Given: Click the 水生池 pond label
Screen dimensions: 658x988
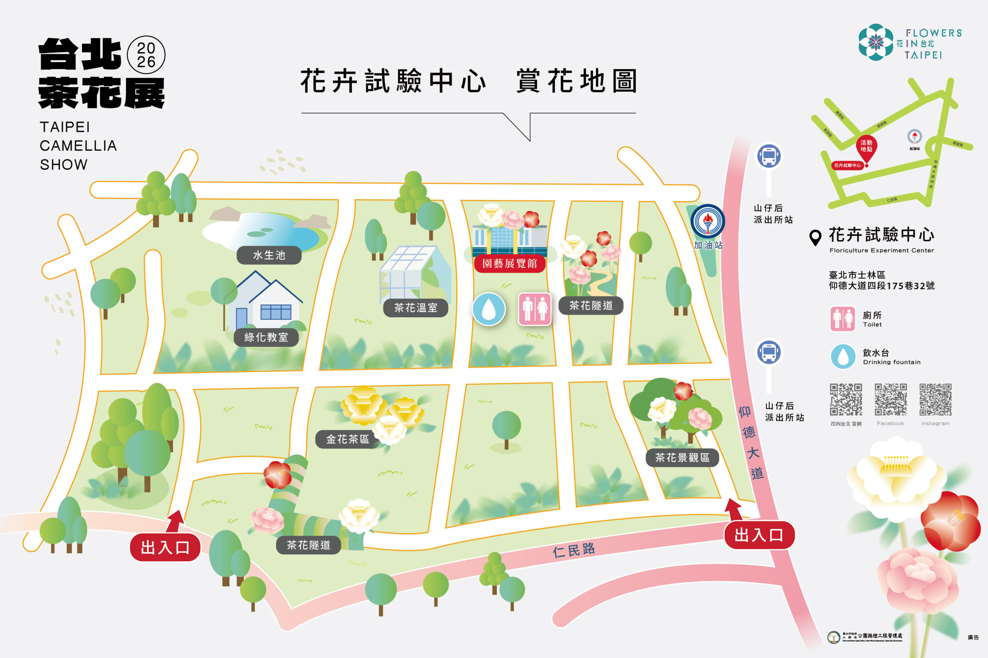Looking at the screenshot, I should pos(269,255).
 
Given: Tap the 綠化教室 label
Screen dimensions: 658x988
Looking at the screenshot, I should pos(266,337).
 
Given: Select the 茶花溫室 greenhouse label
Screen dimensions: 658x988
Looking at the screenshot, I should pos(415,308).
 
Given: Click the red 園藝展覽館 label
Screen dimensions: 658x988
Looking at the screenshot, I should pos(509,264).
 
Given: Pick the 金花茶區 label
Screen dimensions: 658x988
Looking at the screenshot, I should pos(347,439).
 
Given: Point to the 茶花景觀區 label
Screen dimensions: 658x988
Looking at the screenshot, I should pos(682,458).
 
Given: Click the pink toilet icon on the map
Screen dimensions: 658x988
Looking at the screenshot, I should pos(534,309).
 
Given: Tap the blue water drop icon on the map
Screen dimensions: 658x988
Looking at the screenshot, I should pos(489,309).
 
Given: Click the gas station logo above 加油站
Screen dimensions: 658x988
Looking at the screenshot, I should pos(708,221).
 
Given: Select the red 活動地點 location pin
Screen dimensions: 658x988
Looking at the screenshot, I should pos(866,147).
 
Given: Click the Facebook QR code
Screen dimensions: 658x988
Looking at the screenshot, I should pos(890,399).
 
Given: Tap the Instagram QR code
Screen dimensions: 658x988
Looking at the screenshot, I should pos(935,399).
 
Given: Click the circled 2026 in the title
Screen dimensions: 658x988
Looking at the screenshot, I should pos(146,55).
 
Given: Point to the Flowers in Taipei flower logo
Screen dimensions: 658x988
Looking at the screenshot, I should pos(876,42).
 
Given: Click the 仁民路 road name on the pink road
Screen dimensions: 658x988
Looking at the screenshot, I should pos(574,550).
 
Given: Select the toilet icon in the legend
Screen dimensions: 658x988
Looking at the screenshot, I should pos(842,319).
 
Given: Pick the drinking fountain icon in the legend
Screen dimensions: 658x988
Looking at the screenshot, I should pos(843,356).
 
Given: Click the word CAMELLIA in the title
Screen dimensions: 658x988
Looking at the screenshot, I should pos(78,146).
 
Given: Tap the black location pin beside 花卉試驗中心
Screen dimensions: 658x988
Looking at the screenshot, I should pos(815,237).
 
